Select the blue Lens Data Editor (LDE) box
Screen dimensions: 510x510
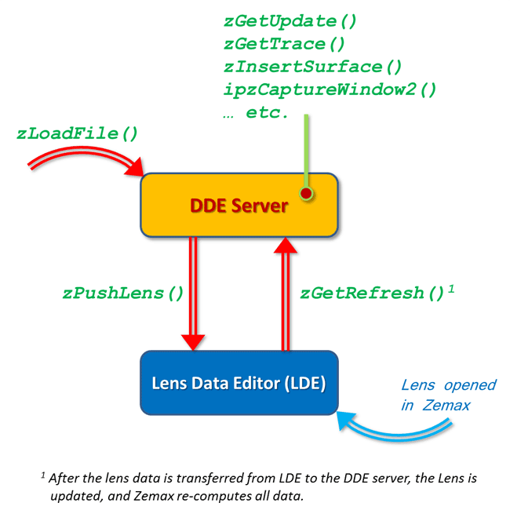pyautogui.click(x=239, y=383)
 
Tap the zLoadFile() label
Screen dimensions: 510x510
pyautogui.click(x=77, y=133)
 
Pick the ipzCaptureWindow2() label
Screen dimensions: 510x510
pyautogui.click(x=330, y=89)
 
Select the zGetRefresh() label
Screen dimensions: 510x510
pyautogui.click(x=372, y=294)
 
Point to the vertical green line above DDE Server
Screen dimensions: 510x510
pyautogui.click(x=306, y=149)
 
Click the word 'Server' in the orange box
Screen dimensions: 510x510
pyautogui.click(x=261, y=206)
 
